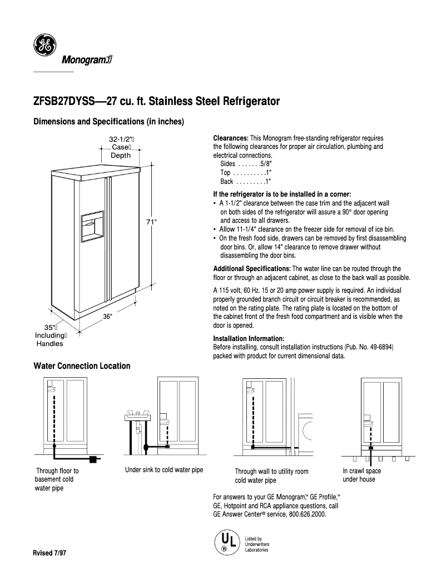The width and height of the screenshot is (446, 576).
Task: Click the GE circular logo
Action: [x=44, y=46]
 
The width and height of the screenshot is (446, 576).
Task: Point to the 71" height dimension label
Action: [x=151, y=222]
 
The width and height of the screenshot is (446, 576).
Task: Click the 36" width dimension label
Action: [x=107, y=316]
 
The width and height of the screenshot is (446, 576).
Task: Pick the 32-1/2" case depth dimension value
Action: [x=120, y=139]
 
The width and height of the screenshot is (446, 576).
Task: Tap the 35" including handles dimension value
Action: [x=49, y=328]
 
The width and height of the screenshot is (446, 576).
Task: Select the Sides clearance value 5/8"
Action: [x=265, y=164]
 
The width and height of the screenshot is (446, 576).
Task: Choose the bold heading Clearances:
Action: [x=231, y=138]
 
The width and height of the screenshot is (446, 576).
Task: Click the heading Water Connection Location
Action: [x=82, y=365]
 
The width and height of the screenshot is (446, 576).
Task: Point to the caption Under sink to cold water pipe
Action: [x=164, y=470]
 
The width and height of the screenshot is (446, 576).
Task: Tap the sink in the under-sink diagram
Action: [x=136, y=415]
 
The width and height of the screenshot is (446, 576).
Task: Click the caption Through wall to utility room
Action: [x=271, y=471]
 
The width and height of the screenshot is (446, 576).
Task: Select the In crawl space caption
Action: [x=362, y=470]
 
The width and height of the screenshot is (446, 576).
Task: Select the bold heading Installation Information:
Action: [x=249, y=338]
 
